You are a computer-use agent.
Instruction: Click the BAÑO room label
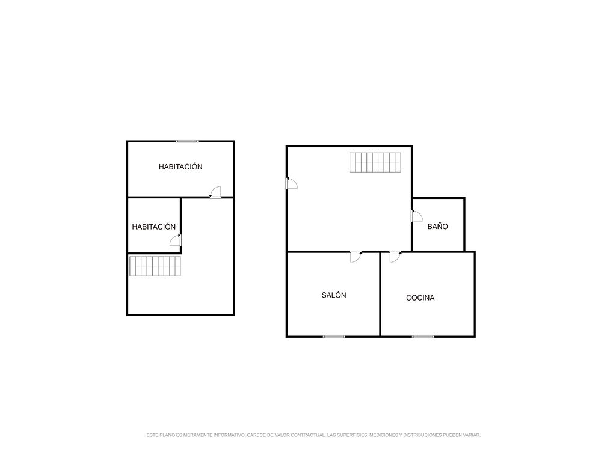[x=437, y=227]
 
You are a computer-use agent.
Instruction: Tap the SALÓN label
[x=334, y=295]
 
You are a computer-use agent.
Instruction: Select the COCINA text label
[x=420, y=298]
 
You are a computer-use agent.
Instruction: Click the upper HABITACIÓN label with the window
[x=180, y=167]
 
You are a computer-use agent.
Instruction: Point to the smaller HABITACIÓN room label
[x=153, y=227]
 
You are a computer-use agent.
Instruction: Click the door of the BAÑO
[x=417, y=216]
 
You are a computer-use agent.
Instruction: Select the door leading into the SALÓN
[x=356, y=257]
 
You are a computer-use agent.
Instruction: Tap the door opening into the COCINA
[x=395, y=257]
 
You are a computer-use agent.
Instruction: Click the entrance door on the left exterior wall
[x=292, y=183]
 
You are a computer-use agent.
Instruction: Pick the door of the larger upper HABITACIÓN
[x=215, y=192]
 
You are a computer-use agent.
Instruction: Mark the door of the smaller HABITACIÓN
[x=176, y=240]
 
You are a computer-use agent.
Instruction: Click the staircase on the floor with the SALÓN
[x=375, y=162]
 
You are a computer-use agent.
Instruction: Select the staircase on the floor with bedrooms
[x=155, y=266]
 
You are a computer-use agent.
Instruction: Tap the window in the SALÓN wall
[x=334, y=337]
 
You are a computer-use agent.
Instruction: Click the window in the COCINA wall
[x=423, y=337]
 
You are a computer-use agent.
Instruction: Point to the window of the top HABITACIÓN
[x=187, y=141]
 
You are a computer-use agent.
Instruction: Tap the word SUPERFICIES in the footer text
[x=352, y=435]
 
